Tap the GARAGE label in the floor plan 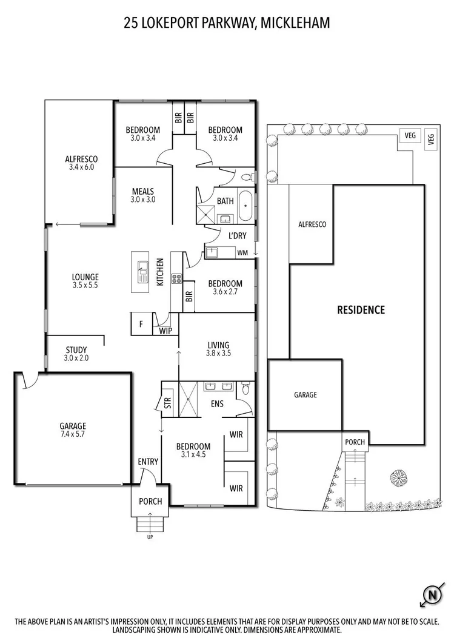click(73, 429)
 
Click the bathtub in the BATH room click(245, 207)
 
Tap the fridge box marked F click(141, 324)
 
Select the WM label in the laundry click(242, 252)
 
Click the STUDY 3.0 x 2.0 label click(76, 354)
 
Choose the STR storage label click(168, 402)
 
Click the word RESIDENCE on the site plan click(361, 310)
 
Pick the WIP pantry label click(165, 331)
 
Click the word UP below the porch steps click(150, 537)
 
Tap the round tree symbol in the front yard click(398, 479)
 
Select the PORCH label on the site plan click(355, 442)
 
